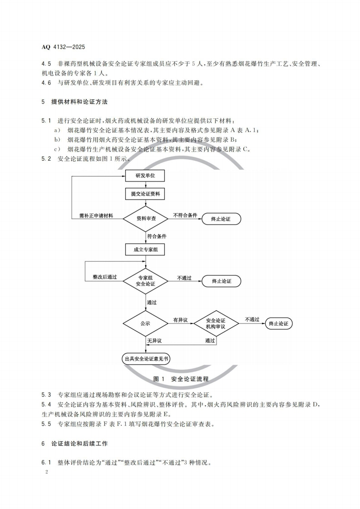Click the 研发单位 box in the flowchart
click(145, 176)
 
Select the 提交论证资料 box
click(145, 194)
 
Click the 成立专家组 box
click(145, 250)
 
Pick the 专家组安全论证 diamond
click(146, 281)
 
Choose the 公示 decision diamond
click(145, 324)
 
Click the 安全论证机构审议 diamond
click(216, 323)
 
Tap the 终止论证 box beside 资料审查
click(221, 219)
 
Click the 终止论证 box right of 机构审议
click(279, 323)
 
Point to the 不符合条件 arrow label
click(185, 215)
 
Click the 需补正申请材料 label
click(96, 215)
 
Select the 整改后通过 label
click(104, 277)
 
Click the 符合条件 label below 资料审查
click(157, 236)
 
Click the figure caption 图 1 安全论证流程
click(180, 378)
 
